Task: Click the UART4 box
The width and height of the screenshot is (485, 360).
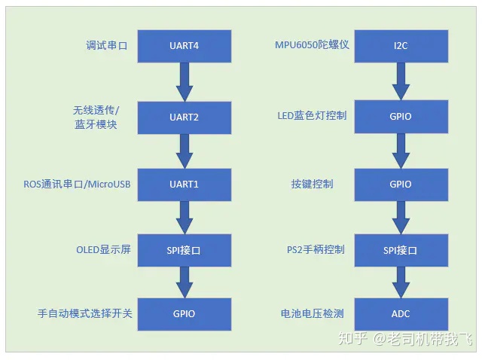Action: click(x=184, y=46)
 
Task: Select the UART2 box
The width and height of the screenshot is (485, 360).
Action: click(x=184, y=117)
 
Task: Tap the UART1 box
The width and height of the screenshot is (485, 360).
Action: click(x=184, y=184)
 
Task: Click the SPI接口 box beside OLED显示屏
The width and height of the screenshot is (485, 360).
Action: click(x=184, y=249)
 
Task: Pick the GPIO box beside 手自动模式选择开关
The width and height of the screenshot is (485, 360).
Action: click(x=184, y=313)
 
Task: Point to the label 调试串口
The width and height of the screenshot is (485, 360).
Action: click(x=106, y=46)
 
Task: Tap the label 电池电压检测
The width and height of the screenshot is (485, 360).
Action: click(x=312, y=313)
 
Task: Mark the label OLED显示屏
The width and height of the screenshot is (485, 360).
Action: click(x=103, y=249)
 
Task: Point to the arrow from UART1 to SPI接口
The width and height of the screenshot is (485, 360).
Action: click(x=184, y=217)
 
